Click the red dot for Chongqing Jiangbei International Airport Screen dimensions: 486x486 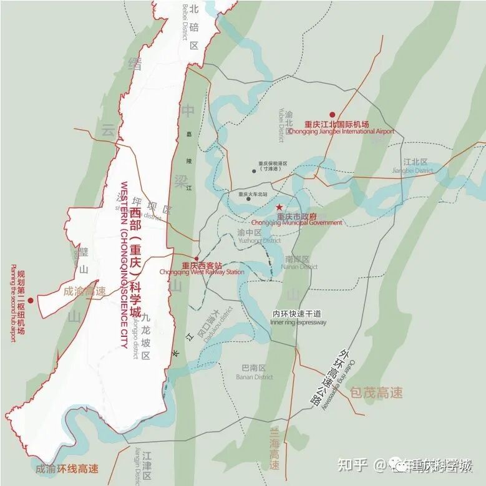click(x=333, y=115)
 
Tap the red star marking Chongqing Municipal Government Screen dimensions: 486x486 click(x=279, y=207)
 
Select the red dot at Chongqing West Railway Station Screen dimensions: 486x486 click(x=197, y=258)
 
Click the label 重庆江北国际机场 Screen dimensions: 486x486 click(x=337, y=124)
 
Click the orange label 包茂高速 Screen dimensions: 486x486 click(x=376, y=392)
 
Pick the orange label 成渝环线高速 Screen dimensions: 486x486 click(x=67, y=469)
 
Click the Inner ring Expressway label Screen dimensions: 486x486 click(x=298, y=323)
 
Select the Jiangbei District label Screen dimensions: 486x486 click(x=412, y=170)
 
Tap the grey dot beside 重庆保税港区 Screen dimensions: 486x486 click(x=253, y=170)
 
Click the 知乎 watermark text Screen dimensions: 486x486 click(x=351, y=465)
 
